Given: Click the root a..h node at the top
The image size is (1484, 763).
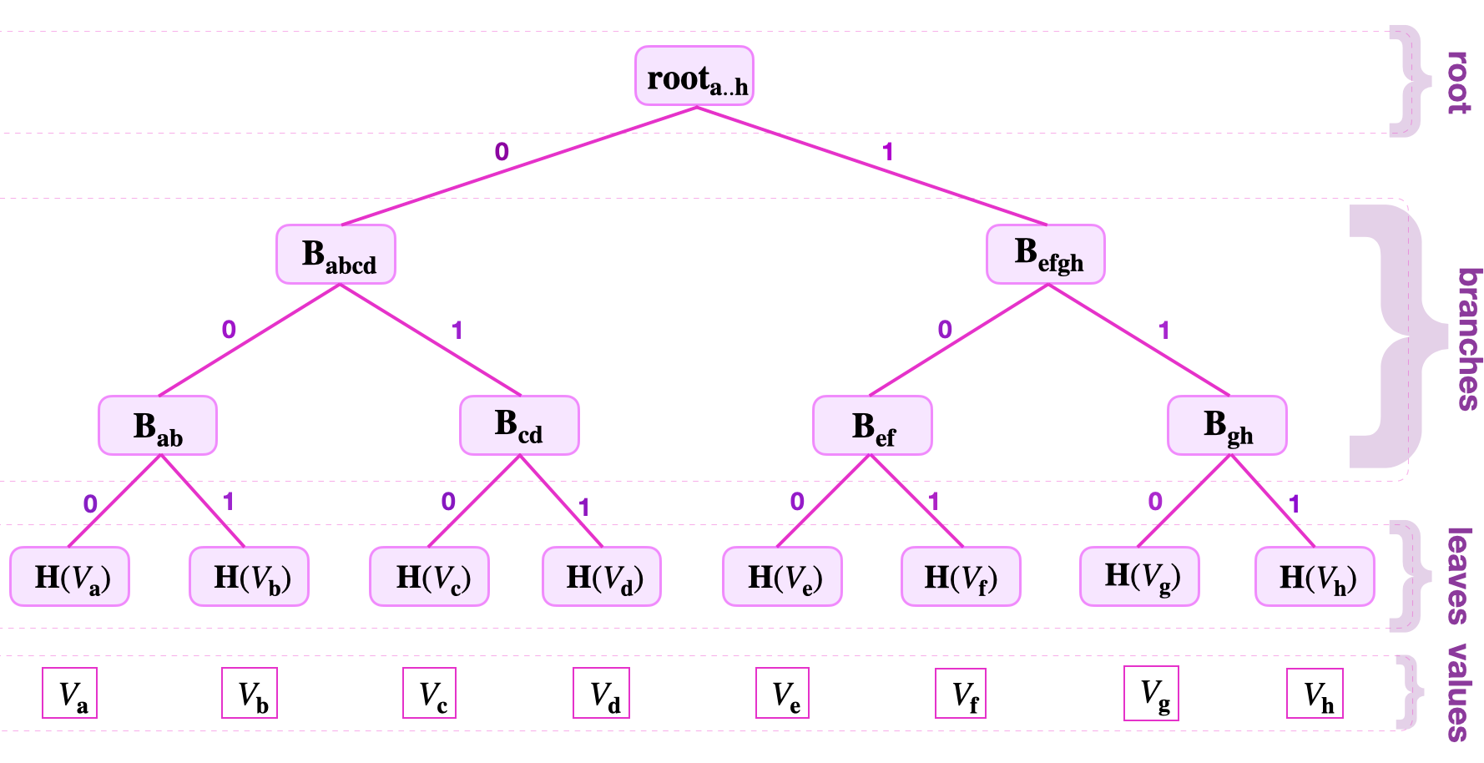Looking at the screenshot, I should tap(694, 76).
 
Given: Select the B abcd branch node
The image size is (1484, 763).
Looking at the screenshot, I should tap(336, 255).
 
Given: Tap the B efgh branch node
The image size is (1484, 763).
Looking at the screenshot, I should tap(1046, 255).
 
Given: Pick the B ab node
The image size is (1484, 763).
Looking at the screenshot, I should tap(158, 426).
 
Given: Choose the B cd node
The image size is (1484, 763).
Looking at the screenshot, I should tap(519, 426).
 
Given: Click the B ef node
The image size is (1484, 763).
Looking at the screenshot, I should tap(872, 426).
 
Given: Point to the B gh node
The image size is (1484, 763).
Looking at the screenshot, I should tap(1227, 426).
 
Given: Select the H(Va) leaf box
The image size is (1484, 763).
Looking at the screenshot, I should tap(70, 577).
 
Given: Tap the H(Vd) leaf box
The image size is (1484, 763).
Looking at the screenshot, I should tap(602, 577).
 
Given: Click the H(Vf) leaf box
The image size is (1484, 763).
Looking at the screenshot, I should tap(961, 577).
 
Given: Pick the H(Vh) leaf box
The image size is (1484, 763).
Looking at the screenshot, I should tap(1315, 577).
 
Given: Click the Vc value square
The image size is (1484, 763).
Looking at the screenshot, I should tap(430, 693).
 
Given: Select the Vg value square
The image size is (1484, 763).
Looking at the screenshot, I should tap(1151, 692).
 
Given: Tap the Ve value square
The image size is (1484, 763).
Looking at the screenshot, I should tap(782, 693).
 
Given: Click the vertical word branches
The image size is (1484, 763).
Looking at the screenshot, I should tap(1467, 339).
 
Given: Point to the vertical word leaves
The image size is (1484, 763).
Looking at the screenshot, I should tap(1458, 576).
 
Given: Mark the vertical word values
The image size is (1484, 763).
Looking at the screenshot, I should tap(1458, 693).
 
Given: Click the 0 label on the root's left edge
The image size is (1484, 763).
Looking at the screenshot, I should tap(502, 152).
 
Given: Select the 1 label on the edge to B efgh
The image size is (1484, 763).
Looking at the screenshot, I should tap(888, 152).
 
